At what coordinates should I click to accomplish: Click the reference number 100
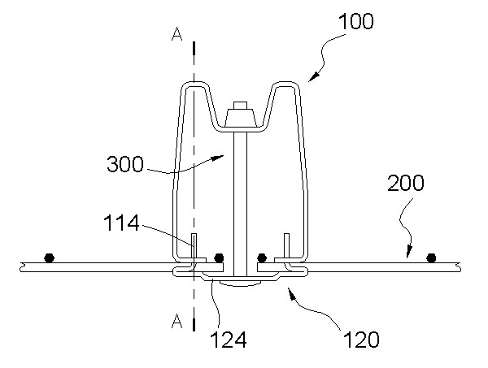[x=355, y=21]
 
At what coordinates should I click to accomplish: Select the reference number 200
[x=406, y=183]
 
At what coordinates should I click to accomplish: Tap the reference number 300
[x=125, y=164]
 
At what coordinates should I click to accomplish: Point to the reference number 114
[x=121, y=223]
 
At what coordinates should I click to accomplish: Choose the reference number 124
[x=229, y=340]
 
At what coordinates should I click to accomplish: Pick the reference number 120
[x=361, y=340]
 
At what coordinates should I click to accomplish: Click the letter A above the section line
[x=177, y=34]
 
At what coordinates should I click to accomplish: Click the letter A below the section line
[x=177, y=321]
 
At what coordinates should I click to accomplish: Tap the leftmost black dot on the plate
[x=49, y=258]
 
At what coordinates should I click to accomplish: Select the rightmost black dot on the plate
[x=431, y=258]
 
